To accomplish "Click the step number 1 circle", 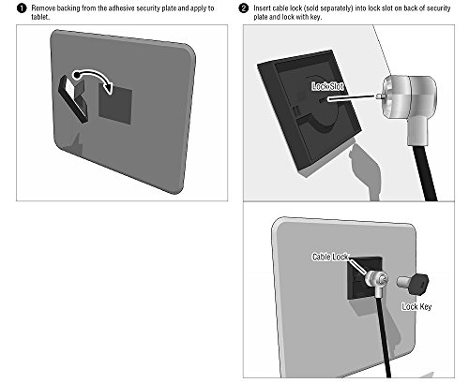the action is [22, 8].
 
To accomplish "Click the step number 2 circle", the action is [244, 8].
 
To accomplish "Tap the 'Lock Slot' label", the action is [327, 86].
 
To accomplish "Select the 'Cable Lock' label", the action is [330, 257].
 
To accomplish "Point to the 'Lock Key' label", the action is [416, 307].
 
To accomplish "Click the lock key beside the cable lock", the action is [413, 283].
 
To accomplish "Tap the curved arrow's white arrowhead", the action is [109, 86].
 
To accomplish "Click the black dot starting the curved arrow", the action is [76, 75].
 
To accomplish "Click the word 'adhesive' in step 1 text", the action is [123, 8].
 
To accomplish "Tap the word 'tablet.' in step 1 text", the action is [40, 17].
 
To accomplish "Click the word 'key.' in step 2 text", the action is [315, 17].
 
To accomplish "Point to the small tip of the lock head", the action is [379, 96].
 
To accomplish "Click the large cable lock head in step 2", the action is [409, 103].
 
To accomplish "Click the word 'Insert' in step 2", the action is [262, 8].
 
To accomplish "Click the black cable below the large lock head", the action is [425, 172].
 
